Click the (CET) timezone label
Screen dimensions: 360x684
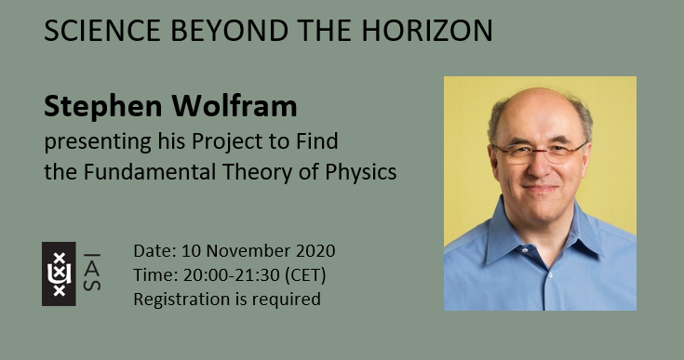click(x=304, y=275)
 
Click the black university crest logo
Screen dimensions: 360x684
click(x=59, y=273)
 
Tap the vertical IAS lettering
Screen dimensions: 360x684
click(x=93, y=273)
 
